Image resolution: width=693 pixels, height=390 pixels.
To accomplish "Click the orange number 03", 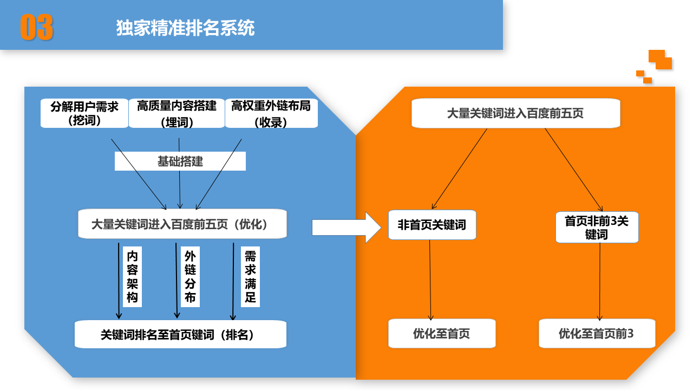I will pyautogui.click(x=37, y=27).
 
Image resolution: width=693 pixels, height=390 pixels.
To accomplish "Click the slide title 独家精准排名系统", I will pyautogui.click(x=185, y=28).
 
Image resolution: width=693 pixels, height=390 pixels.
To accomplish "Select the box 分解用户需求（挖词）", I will pyautogui.click(x=84, y=113).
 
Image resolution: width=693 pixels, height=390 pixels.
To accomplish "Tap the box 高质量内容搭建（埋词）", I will pyautogui.click(x=176, y=113).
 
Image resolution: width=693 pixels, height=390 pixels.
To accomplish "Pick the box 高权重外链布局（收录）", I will pyautogui.click(x=271, y=113).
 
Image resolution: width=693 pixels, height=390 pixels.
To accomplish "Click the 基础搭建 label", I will pyautogui.click(x=180, y=161).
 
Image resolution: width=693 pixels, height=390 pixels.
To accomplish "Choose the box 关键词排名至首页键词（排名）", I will pyautogui.click(x=180, y=334).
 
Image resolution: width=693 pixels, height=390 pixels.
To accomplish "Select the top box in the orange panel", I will pyautogui.click(x=515, y=113).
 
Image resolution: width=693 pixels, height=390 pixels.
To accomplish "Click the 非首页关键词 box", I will pyautogui.click(x=432, y=225).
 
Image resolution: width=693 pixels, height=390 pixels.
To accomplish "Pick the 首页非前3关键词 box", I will pyautogui.click(x=597, y=227).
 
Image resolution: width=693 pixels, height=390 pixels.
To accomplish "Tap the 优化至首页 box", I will pyautogui.click(x=442, y=333).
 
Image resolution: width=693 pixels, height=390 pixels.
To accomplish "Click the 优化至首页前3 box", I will pyautogui.click(x=597, y=333).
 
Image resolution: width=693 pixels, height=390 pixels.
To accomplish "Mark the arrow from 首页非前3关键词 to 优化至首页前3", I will pyautogui.click(x=599, y=282).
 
